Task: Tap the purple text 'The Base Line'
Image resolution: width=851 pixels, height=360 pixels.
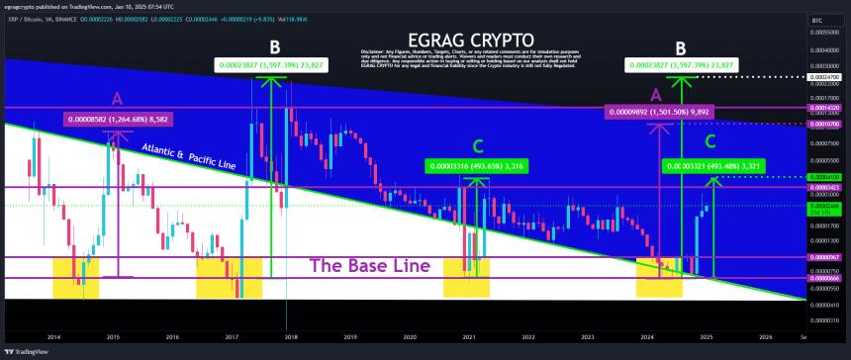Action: pos(371,265)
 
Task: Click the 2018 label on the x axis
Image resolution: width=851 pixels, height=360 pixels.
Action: pos(291,336)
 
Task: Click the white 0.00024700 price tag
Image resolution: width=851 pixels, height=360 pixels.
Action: pos(823,76)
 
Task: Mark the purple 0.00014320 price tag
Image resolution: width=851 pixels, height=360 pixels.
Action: pos(823,107)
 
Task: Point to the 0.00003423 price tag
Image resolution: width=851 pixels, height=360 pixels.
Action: pos(823,187)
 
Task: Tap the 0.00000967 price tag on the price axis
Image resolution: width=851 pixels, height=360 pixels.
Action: pos(823,257)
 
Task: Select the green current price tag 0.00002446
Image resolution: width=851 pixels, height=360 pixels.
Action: pos(823,206)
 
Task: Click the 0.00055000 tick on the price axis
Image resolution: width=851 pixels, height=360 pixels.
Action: pos(823,32)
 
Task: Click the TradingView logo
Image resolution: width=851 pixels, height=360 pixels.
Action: pos(26,351)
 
